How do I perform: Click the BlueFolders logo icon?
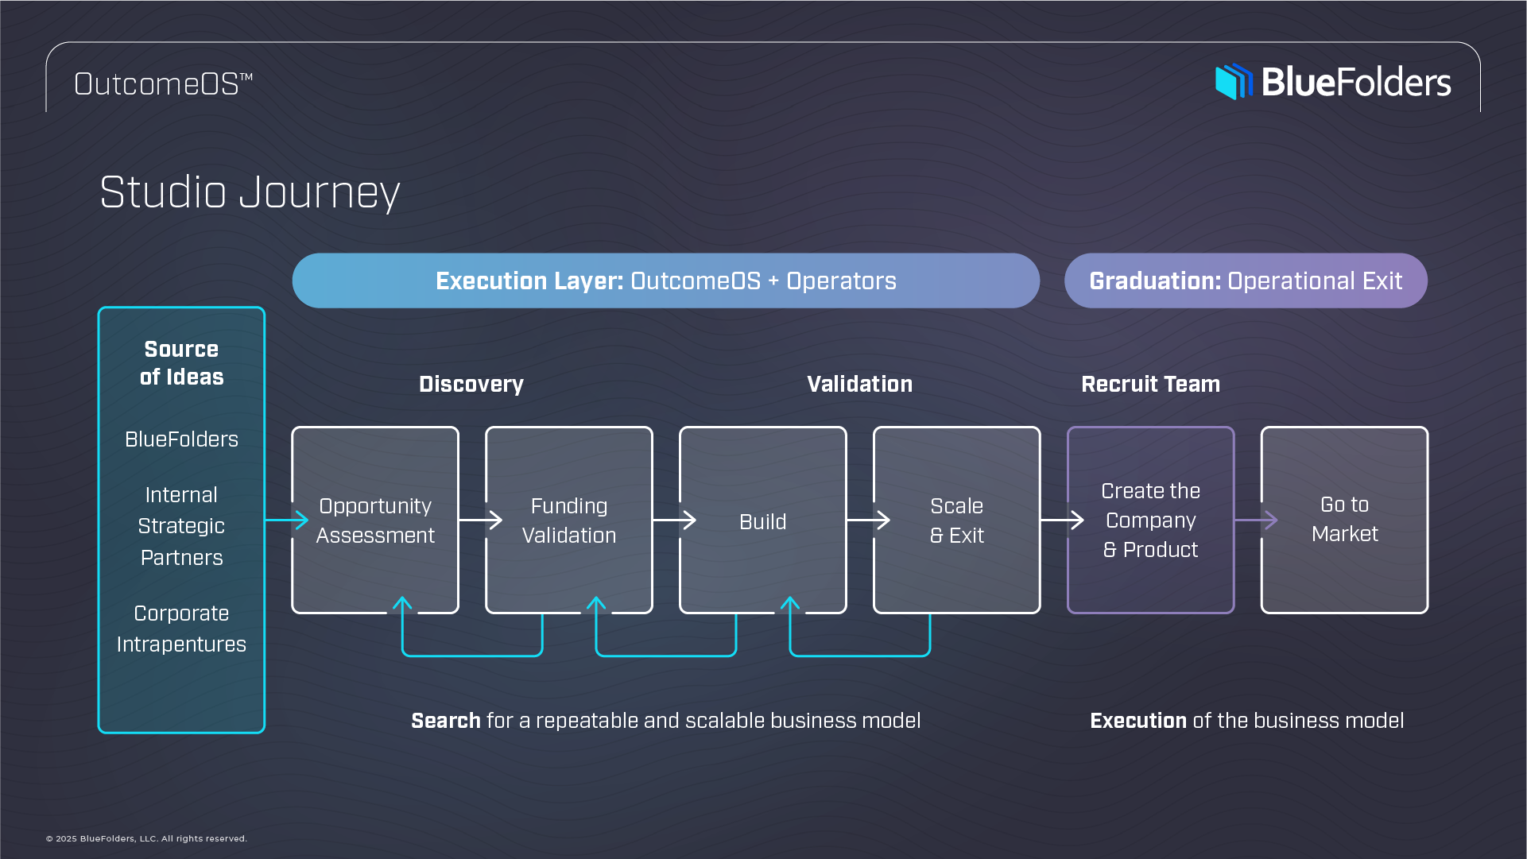[x=1233, y=82]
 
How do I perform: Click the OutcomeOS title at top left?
[x=163, y=84]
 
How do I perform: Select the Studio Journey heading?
[x=250, y=192]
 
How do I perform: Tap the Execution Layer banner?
[x=665, y=281]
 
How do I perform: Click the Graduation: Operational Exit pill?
[x=1245, y=281]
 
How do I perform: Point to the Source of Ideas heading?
[x=181, y=363]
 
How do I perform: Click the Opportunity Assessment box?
[x=374, y=520]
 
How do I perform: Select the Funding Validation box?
[x=568, y=520]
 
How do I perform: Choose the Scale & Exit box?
[x=956, y=520]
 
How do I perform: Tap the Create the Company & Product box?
[x=1149, y=520]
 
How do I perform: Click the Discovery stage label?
[x=471, y=385]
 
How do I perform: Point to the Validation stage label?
[x=859, y=385]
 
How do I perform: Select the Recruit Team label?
[x=1149, y=385]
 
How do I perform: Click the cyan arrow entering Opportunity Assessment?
[x=288, y=520]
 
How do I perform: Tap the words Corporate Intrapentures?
[x=181, y=629]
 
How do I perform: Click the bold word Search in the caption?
[x=445, y=721]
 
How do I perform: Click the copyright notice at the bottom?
[x=146, y=838]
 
